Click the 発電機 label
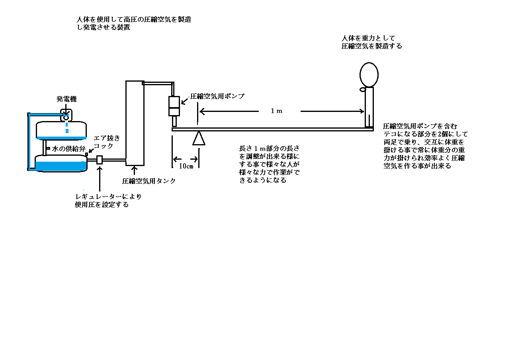coord(66,99)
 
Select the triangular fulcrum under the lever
coord(199,138)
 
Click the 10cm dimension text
coord(186,166)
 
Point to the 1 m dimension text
coord(277,111)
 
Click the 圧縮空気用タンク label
coord(149,181)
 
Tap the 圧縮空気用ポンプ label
coord(217,96)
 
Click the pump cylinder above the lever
coord(174,106)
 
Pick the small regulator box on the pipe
coord(100,160)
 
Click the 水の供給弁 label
coord(68,149)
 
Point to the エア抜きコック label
coord(107,142)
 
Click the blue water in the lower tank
coord(61,166)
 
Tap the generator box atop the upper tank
coord(66,115)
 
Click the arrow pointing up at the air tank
coord(135,170)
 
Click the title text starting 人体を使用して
coord(134,23)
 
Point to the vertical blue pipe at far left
coord(29,142)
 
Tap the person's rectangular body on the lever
coord(369,107)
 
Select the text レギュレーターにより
coord(108,197)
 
